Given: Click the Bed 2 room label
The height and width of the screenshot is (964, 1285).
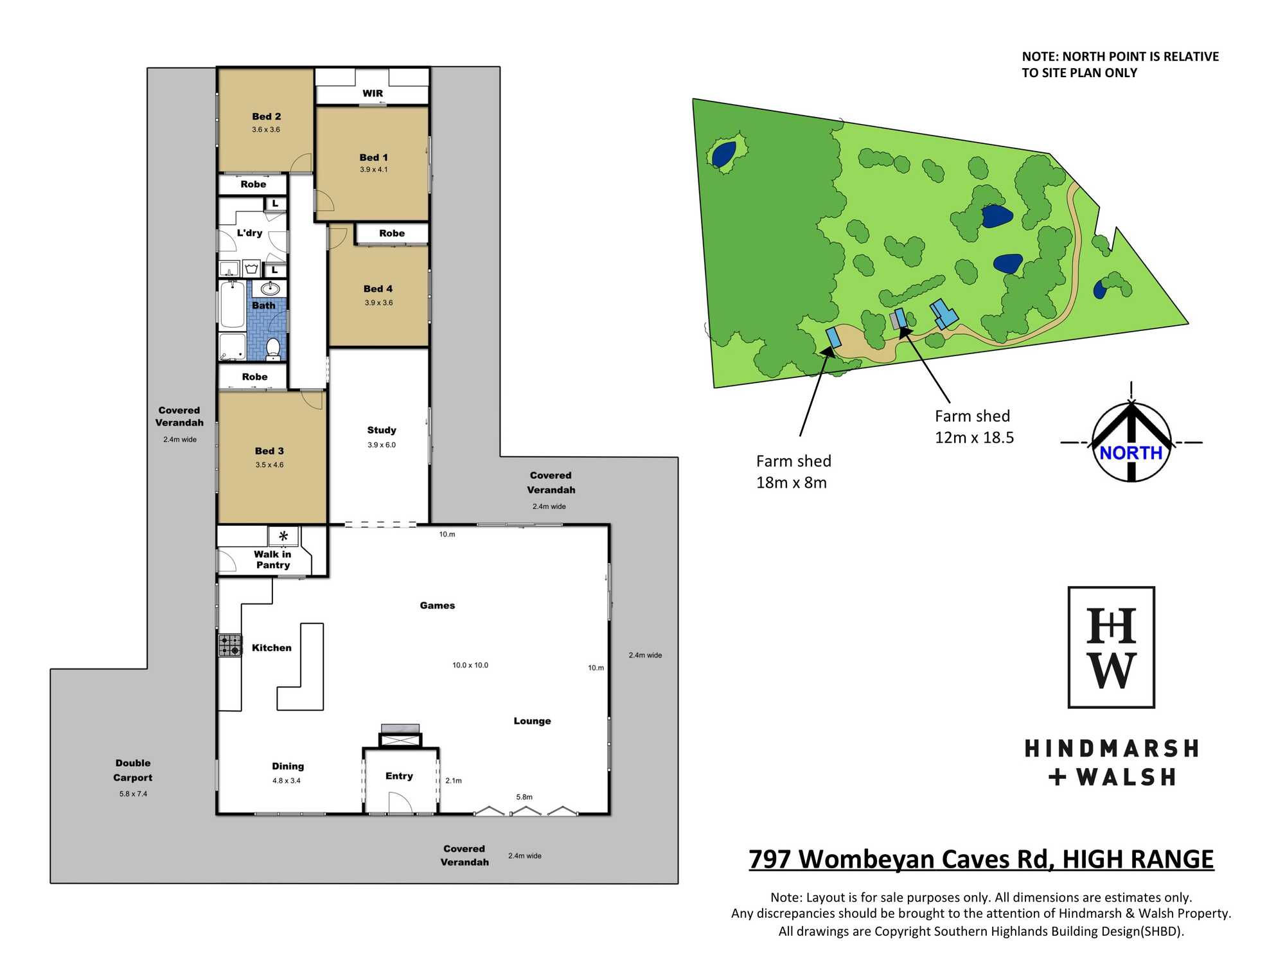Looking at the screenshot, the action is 267,116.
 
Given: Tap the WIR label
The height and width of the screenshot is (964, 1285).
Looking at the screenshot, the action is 373,93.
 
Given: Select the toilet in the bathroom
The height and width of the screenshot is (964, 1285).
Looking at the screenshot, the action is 273,348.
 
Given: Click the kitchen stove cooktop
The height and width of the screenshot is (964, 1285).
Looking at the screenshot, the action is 230,645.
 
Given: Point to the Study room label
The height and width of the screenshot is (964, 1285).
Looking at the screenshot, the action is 382,430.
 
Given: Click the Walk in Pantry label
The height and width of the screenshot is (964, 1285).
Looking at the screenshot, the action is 272,560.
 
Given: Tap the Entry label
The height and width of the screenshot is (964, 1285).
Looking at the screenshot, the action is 399,776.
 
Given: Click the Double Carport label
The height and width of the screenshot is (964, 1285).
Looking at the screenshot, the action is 133,770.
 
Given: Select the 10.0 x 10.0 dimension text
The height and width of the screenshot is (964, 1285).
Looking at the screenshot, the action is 470,665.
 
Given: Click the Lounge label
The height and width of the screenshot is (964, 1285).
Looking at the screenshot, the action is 532,721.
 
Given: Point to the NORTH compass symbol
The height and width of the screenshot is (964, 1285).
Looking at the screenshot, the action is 1131,442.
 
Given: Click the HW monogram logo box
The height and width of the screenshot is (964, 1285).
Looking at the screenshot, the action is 1112,647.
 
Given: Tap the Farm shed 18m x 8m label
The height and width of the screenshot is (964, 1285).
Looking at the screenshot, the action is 793,472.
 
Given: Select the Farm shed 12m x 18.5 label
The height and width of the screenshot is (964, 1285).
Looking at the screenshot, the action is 974,427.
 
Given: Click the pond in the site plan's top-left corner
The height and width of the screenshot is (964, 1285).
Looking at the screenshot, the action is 723,154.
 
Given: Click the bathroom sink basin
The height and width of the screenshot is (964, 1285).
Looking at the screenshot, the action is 270,289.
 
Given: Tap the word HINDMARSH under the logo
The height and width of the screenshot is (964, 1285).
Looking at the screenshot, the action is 1112,749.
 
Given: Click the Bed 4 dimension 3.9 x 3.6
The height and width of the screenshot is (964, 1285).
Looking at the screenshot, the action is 379,303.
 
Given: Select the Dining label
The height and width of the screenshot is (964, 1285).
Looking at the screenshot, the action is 288,766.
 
